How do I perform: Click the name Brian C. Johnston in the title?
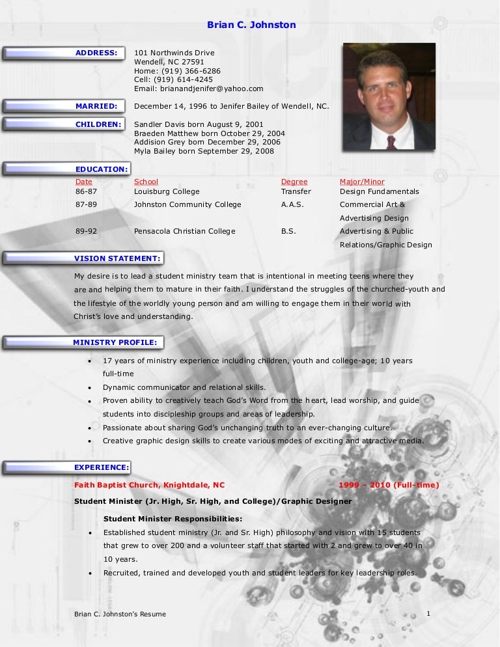pos(251,25)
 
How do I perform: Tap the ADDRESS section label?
pos(96,53)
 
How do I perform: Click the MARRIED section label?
pos(96,106)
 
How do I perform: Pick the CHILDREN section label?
pos(98,124)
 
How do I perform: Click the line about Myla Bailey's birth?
pos(204,151)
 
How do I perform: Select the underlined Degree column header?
pos(294,182)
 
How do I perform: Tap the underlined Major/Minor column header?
pos(362,182)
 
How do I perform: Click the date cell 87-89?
pos(86,204)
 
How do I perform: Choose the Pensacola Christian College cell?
pos(185,231)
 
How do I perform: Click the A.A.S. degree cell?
pos(292,204)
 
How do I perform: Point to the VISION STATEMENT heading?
pos(117,258)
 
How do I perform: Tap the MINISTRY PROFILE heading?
pos(115,342)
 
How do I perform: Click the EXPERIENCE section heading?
pos(102,467)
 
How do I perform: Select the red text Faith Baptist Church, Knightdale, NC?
pos(149,485)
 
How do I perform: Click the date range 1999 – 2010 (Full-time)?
pos(389,485)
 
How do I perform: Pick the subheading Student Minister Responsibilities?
pos(173,519)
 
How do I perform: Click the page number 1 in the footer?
pos(428,613)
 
